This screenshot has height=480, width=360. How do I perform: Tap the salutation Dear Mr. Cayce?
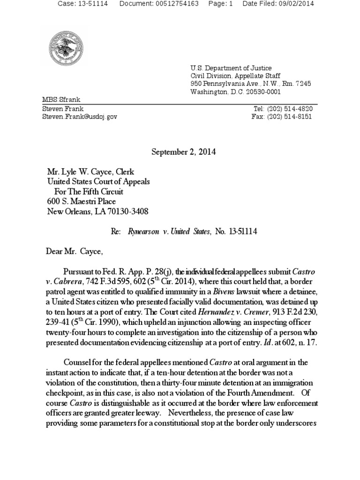[x=74, y=251]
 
